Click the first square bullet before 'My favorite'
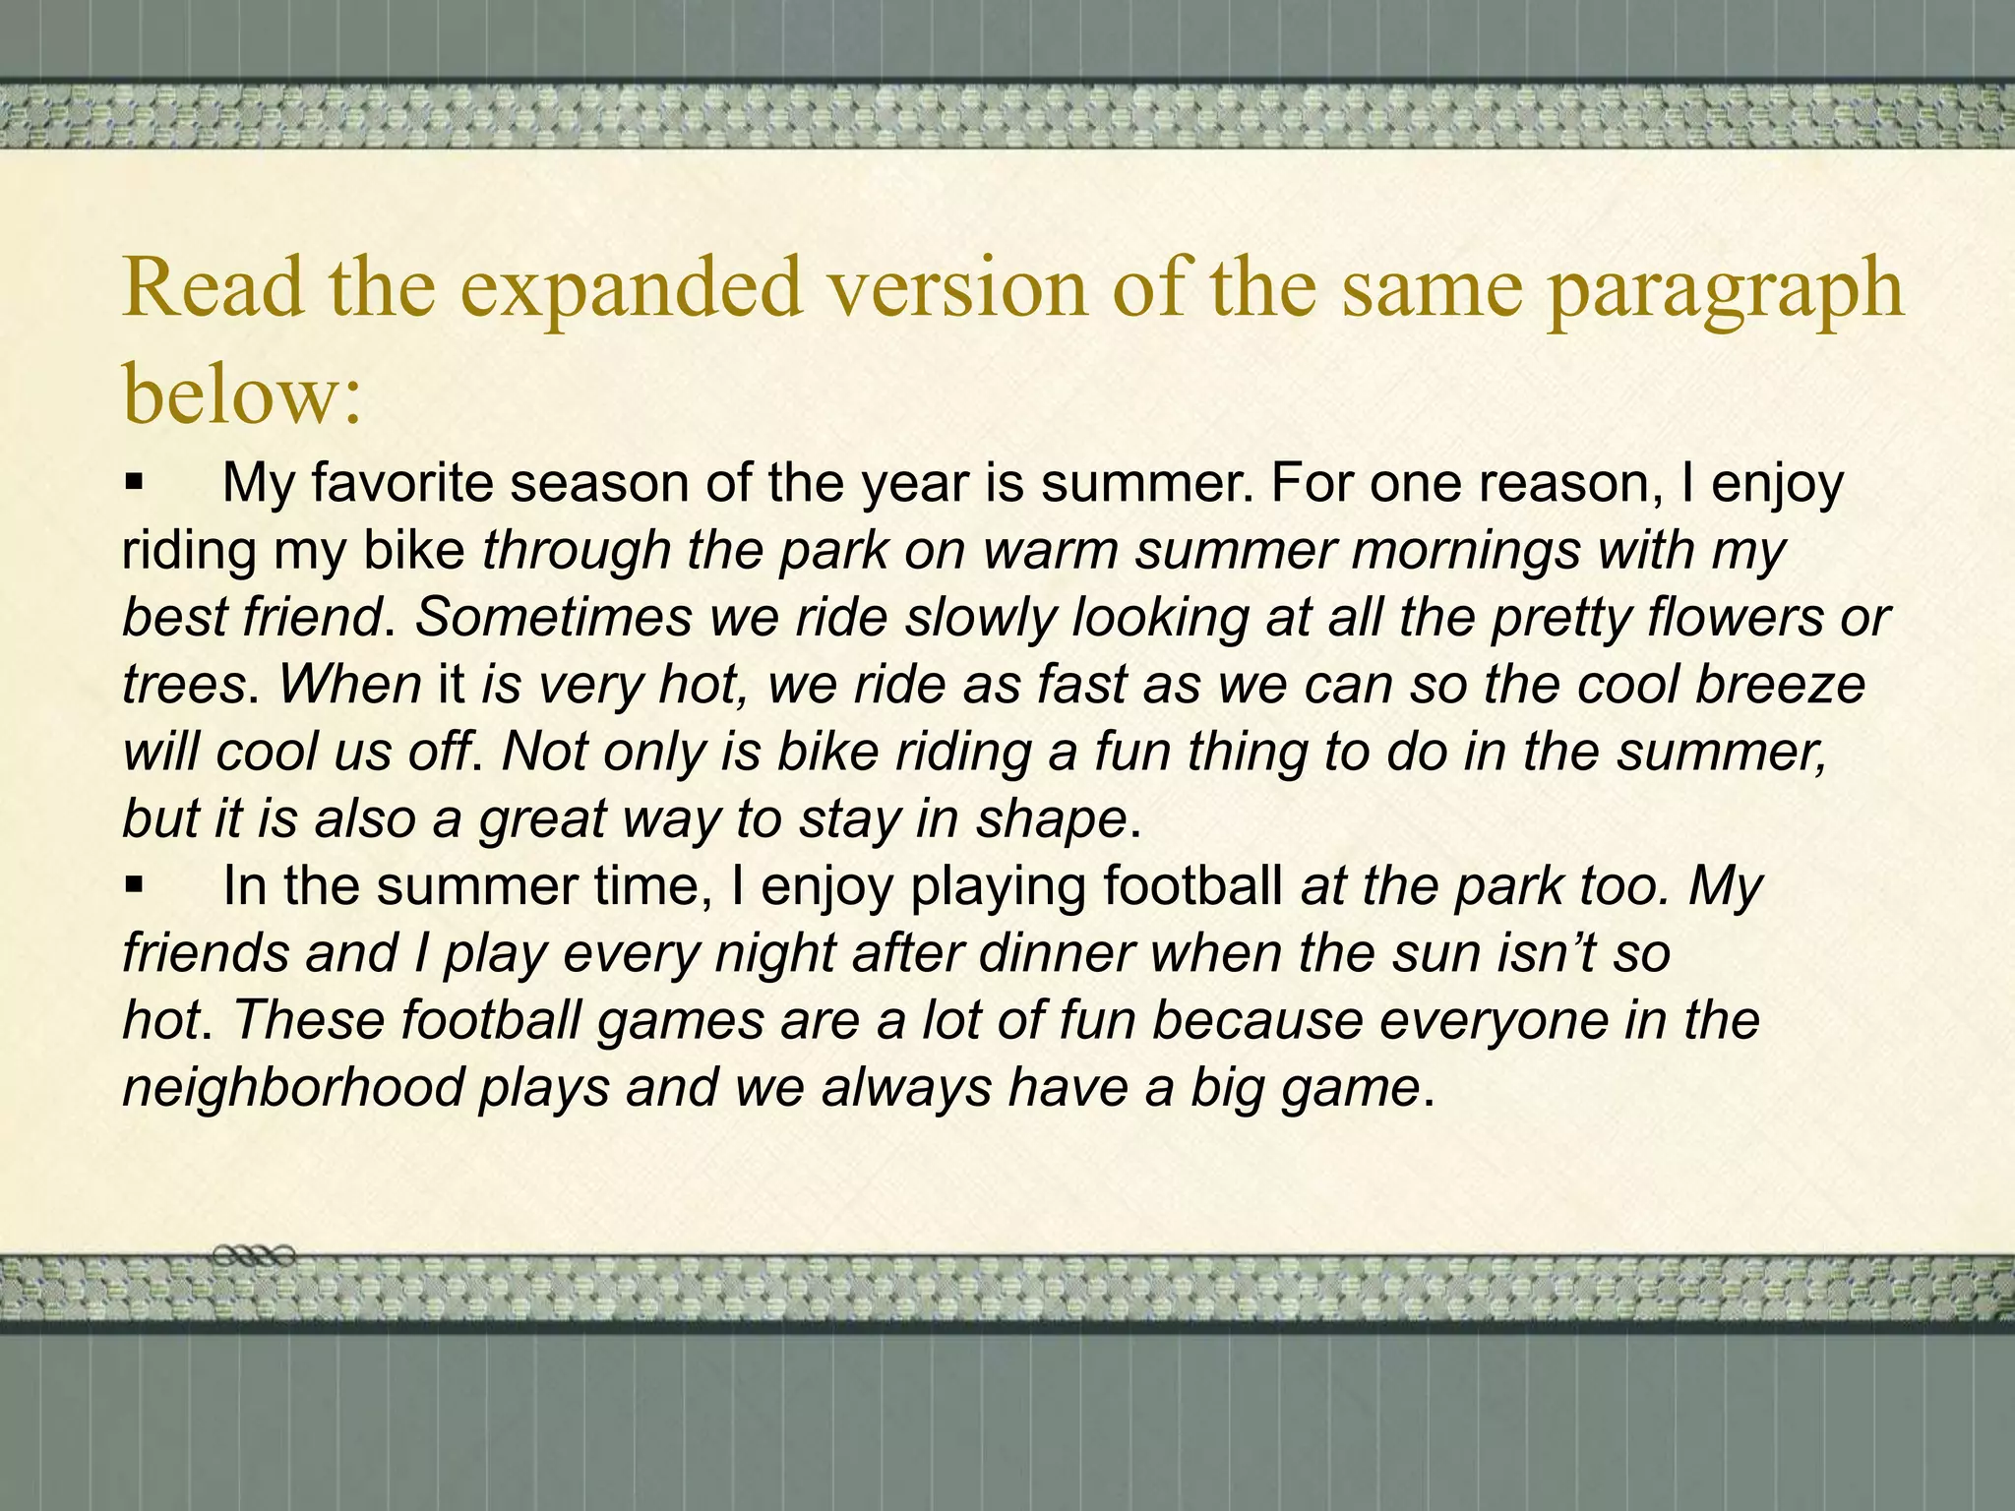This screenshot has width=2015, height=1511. (x=135, y=484)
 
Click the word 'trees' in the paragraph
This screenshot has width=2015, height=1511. (x=183, y=685)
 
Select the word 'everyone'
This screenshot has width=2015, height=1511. (x=1492, y=1021)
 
